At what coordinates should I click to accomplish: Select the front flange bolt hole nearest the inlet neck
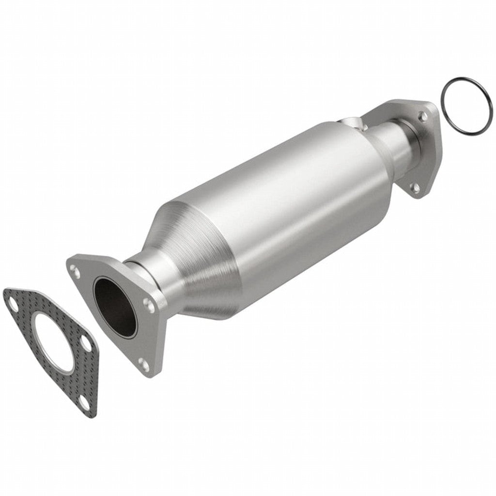tap(148, 303)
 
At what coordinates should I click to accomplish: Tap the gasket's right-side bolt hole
tap(86, 343)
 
